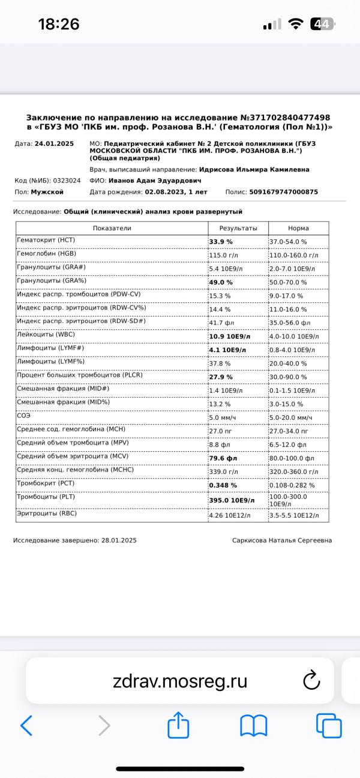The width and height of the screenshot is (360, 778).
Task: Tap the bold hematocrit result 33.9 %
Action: pos(221,242)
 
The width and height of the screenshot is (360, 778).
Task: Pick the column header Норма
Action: pos(298,228)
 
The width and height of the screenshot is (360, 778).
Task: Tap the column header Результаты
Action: pos(238,228)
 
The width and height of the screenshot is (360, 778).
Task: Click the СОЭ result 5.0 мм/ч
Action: pos(223,417)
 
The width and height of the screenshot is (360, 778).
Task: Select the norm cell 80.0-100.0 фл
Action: pos(292,458)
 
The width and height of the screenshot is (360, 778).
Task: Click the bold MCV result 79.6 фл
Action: pos(223,458)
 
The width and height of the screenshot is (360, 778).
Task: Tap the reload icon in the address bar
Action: pos(311,680)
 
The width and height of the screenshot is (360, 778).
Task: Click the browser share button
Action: pos(178,726)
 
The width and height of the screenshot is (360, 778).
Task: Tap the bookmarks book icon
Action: pos(253,726)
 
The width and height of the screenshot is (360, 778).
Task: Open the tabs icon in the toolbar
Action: pos(329,726)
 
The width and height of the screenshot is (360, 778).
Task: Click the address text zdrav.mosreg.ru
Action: pos(179,681)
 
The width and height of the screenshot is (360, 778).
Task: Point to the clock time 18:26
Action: pos(59,24)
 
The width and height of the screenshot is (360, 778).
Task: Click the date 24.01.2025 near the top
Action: pos(54,144)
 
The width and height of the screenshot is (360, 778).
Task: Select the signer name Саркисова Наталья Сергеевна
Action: pos(282,540)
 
